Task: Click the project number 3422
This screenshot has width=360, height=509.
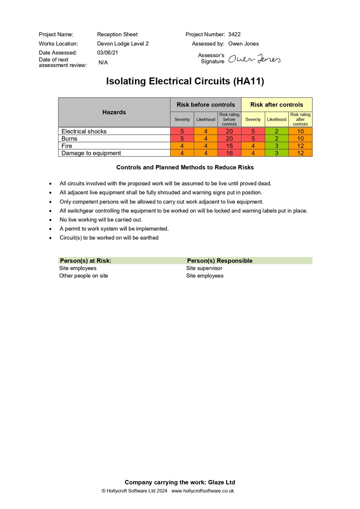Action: (x=234, y=34)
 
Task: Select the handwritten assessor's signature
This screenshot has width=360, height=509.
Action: (x=254, y=59)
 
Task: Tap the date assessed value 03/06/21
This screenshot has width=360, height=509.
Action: (x=107, y=53)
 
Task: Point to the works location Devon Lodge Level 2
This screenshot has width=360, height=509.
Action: (x=123, y=44)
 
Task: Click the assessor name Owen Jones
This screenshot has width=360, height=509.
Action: (x=243, y=44)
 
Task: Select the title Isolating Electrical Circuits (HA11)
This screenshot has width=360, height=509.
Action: (x=185, y=82)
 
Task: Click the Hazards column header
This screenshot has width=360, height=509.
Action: (x=114, y=112)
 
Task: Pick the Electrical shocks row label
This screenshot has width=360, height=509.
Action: (x=84, y=131)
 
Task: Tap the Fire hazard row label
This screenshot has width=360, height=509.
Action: (x=67, y=146)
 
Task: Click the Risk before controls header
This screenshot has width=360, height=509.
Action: (x=206, y=105)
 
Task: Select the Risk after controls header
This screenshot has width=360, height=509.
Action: (x=277, y=105)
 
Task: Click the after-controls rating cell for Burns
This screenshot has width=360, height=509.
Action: (x=300, y=139)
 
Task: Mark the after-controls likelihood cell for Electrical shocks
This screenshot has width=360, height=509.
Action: (x=277, y=131)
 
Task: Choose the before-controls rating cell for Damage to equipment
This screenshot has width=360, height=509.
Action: (x=229, y=153)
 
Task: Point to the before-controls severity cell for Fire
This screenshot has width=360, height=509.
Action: (x=182, y=146)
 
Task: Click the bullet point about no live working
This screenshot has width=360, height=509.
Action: (x=101, y=220)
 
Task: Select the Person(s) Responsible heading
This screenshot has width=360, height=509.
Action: (x=220, y=261)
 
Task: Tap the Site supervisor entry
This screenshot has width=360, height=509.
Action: (x=204, y=268)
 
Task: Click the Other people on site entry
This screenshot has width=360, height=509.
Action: (x=84, y=276)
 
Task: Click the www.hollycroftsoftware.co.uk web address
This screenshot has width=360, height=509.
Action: (x=203, y=491)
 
